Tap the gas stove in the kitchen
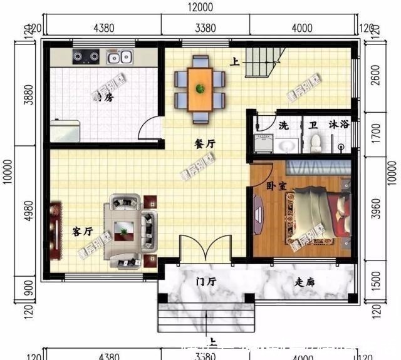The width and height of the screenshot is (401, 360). click(x=85, y=57)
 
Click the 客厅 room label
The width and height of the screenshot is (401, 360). click(x=83, y=231)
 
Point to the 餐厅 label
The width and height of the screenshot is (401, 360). click(x=205, y=143)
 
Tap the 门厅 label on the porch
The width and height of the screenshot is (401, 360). click(x=206, y=282)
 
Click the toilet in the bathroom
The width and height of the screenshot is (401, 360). click(x=316, y=143)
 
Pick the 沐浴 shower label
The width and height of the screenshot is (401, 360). click(x=338, y=125)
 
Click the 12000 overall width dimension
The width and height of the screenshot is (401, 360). click(x=200, y=8)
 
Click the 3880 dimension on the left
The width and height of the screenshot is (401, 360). click(x=28, y=94)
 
